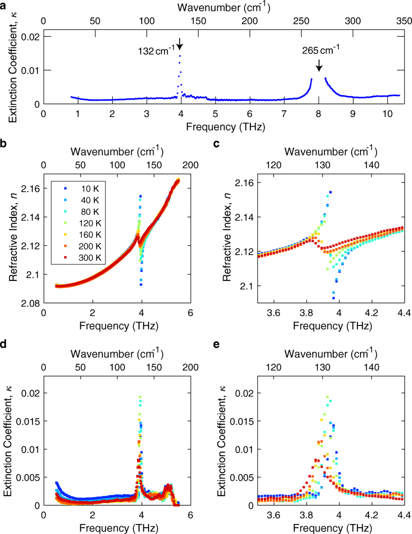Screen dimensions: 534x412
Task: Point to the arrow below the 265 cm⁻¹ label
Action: [x=319, y=65]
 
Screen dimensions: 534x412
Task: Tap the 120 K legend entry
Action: [x=78, y=223]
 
